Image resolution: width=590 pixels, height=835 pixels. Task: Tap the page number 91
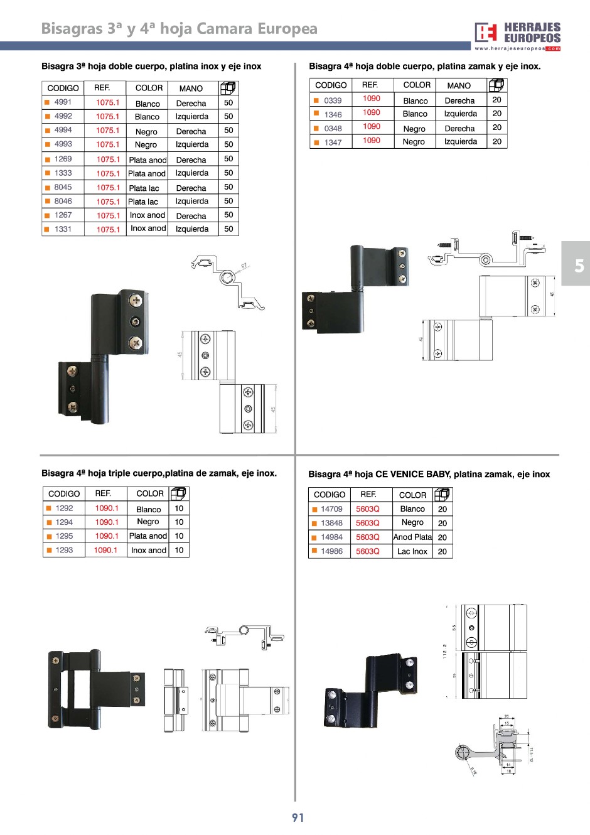[x=298, y=817]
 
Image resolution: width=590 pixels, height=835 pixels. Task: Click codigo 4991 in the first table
[x=63, y=102]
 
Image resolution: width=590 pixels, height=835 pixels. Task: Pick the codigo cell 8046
[x=63, y=202]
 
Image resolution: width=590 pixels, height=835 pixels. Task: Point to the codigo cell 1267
[x=63, y=215]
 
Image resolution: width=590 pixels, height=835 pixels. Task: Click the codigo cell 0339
[x=333, y=100]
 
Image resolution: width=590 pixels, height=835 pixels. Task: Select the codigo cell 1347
[x=333, y=143]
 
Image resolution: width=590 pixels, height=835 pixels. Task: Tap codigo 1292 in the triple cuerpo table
[x=64, y=509]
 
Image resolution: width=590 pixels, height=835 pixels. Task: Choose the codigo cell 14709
[x=331, y=509]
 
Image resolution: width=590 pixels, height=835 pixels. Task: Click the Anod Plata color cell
[x=412, y=537]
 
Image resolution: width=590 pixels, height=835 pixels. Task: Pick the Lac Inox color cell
[x=412, y=551]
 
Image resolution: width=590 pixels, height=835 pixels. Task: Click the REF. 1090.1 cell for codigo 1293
[x=105, y=550]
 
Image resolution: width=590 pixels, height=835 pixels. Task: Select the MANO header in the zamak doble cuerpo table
[x=459, y=85]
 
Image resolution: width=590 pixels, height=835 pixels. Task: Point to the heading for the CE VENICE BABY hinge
[x=429, y=475]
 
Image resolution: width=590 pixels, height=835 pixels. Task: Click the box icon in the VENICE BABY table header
[x=442, y=495]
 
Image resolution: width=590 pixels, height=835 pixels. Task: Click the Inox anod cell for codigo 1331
[x=148, y=229]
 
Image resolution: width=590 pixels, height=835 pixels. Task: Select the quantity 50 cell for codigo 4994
[x=228, y=131]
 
